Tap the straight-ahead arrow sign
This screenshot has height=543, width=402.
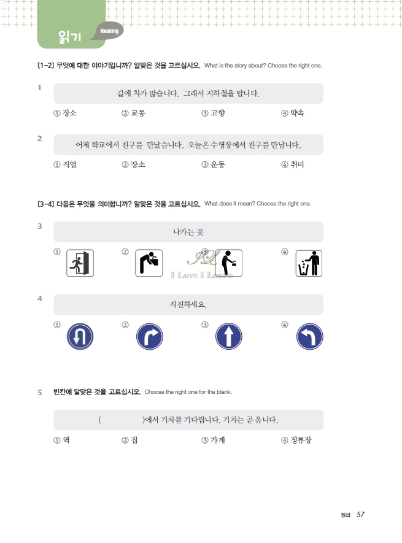click(x=229, y=337)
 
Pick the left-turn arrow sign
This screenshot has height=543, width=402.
click(x=309, y=337)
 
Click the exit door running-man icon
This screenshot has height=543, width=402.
click(x=79, y=263)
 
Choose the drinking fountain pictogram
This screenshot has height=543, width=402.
click(x=149, y=263)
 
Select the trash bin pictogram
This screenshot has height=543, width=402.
click(x=309, y=263)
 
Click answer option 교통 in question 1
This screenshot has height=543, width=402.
click(x=137, y=114)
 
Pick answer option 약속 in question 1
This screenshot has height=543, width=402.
click(x=296, y=114)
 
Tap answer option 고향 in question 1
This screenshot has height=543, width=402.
click(x=217, y=114)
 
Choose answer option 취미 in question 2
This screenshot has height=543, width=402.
click(x=296, y=164)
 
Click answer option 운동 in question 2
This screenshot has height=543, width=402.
click(x=217, y=164)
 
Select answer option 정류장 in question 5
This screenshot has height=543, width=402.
click(x=301, y=440)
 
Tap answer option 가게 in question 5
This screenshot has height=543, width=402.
click(x=217, y=440)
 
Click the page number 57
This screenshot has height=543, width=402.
click(x=361, y=515)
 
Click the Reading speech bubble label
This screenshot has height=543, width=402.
click(x=109, y=31)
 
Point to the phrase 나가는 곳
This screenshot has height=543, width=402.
click(x=188, y=232)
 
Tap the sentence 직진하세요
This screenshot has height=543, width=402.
click(x=188, y=304)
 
